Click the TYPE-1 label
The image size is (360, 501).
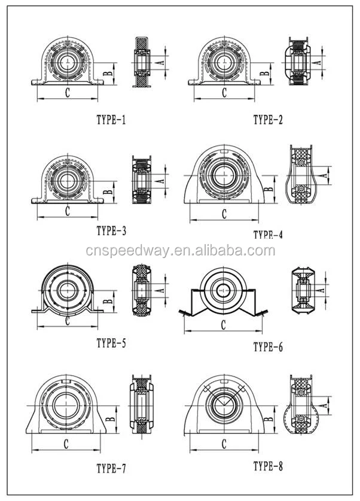click(x=111, y=120)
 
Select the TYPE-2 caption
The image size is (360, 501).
click(x=267, y=120)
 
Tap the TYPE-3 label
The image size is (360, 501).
click(x=111, y=229)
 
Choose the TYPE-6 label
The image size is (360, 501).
click(x=267, y=346)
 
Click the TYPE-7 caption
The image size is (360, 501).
click(x=111, y=467)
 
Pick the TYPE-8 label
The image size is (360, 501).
click(x=267, y=465)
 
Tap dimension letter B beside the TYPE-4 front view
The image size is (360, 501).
click(x=269, y=189)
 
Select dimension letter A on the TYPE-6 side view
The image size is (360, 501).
click(x=322, y=290)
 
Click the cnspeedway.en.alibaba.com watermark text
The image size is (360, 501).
click(x=179, y=251)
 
